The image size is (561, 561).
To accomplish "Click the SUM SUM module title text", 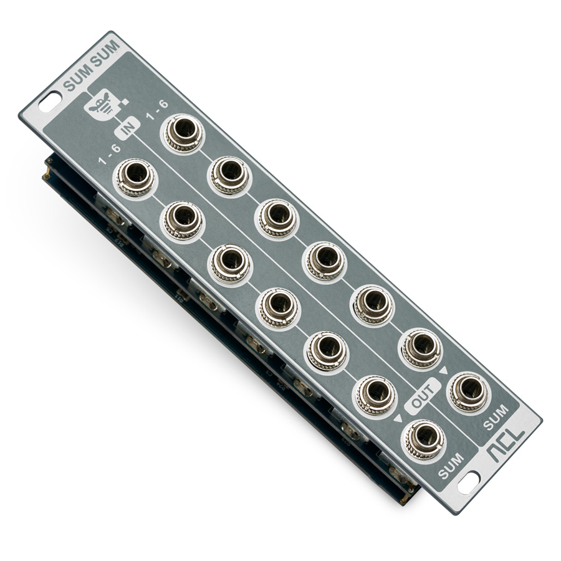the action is (91, 65).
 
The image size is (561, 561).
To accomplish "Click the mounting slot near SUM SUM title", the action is (50, 102).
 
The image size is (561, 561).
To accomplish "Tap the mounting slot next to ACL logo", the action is (469, 483).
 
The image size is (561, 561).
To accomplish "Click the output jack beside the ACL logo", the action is (469, 391).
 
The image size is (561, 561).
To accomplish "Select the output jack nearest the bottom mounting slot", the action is (424, 439).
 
